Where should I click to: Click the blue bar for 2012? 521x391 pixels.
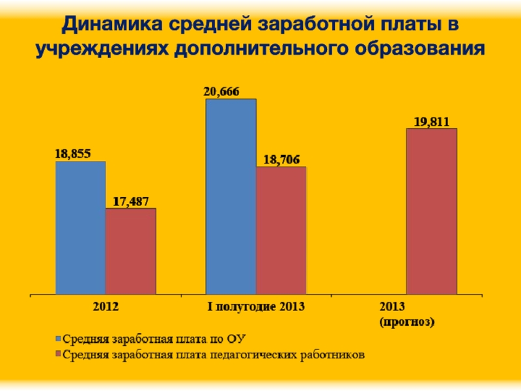(81, 227)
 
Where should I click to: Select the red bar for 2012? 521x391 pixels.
(131, 251)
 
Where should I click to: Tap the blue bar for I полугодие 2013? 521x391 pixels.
(231, 196)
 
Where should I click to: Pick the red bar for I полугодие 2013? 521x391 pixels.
(281, 230)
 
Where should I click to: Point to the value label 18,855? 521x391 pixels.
(72, 154)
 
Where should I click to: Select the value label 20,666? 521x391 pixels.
(221, 92)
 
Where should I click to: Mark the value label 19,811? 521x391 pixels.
(431, 121)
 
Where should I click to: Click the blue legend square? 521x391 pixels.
(57, 339)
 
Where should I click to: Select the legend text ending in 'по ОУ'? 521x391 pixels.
(156, 339)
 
